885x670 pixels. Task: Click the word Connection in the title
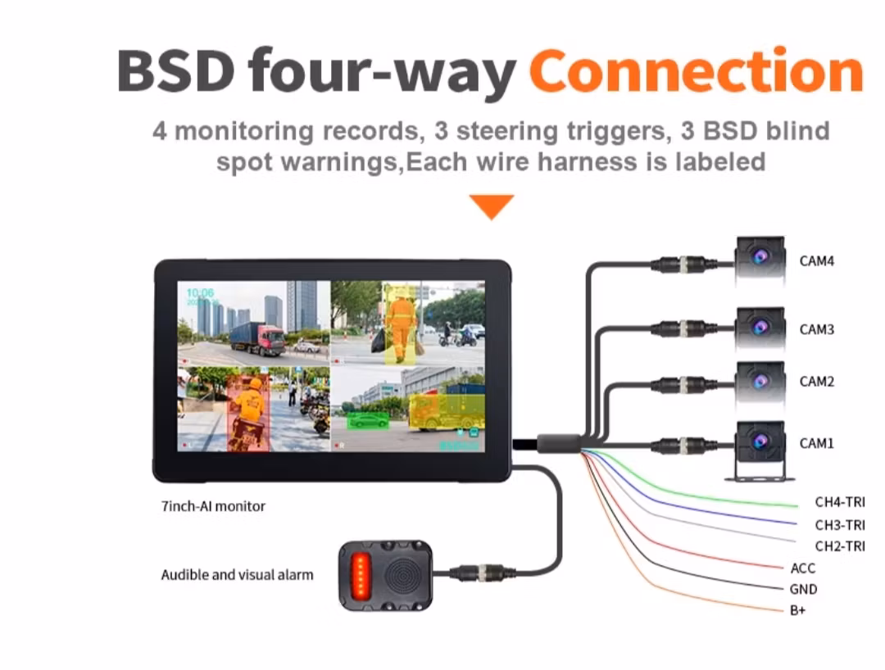(697, 71)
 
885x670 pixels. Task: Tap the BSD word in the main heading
(175, 71)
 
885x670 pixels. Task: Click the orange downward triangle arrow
(492, 206)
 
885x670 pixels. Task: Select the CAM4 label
(817, 261)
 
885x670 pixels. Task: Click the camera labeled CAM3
(760, 328)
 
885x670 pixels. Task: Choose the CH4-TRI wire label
(839, 502)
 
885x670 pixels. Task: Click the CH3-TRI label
(839, 525)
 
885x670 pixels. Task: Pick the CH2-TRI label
(839, 546)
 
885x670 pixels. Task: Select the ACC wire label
(803, 568)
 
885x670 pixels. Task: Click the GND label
(804, 589)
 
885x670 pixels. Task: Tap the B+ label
(798, 610)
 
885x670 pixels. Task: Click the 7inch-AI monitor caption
(213, 506)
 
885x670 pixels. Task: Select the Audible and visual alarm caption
(237, 575)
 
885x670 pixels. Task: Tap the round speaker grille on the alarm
(399, 573)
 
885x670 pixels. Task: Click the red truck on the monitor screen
(258, 337)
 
